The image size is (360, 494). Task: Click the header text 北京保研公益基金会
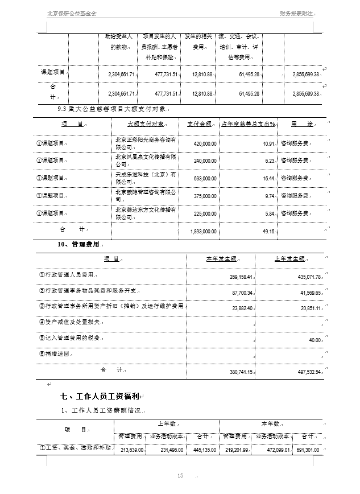click(x=72, y=13)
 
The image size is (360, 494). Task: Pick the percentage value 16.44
click(x=268, y=178)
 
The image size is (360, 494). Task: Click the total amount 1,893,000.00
click(x=202, y=231)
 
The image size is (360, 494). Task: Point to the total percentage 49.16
click(x=268, y=231)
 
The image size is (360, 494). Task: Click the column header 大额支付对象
click(x=146, y=124)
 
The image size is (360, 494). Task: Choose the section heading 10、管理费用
click(x=78, y=244)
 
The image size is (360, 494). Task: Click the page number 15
click(x=180, y=475)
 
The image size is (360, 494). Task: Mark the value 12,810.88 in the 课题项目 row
click(x=202, y=75)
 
